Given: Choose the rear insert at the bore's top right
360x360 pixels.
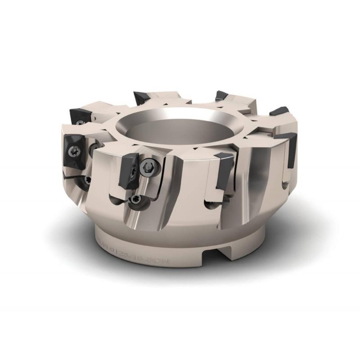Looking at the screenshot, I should pos(221,96).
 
